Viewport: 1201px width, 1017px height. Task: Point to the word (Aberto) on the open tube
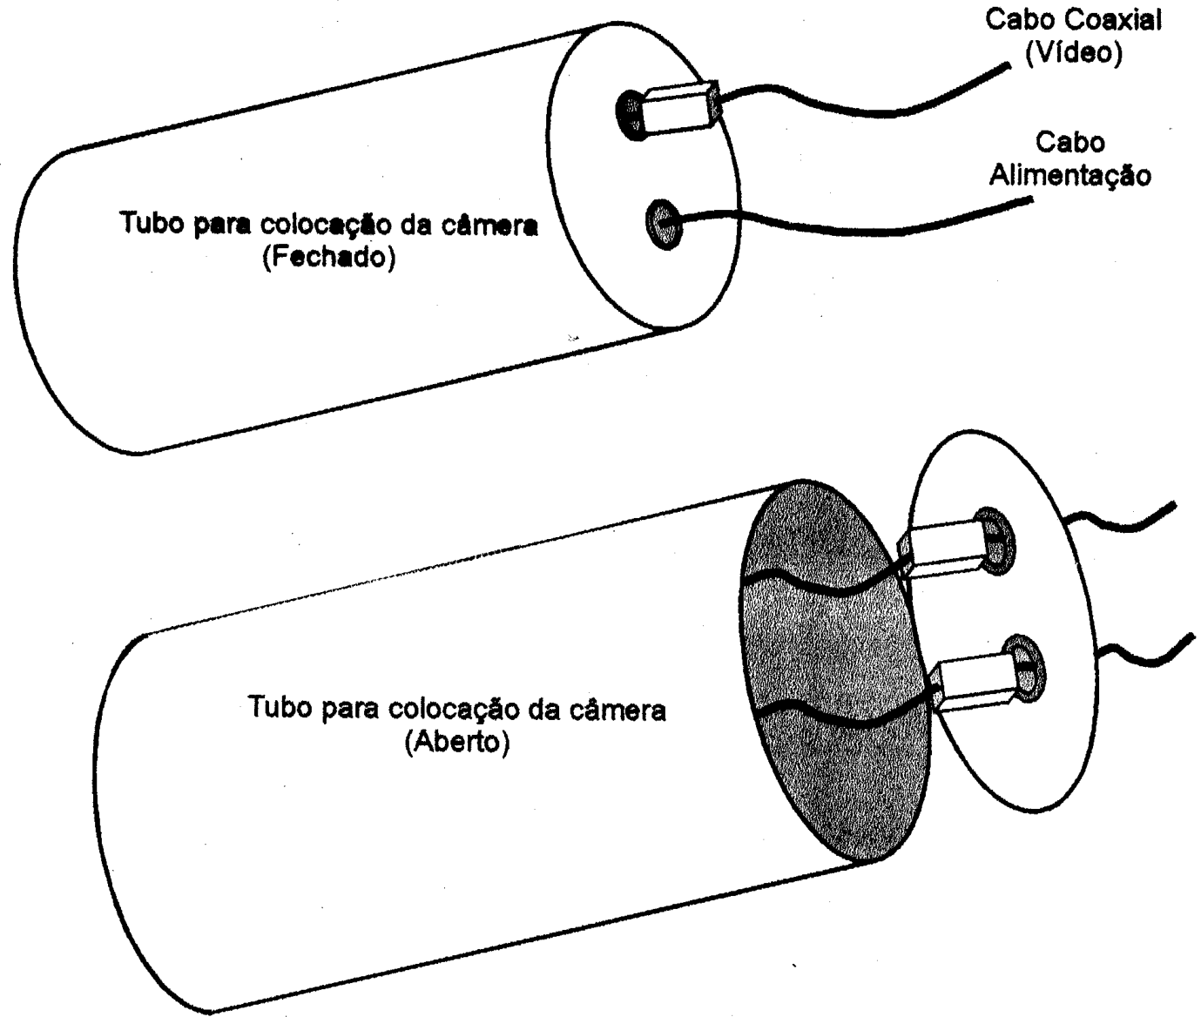pyautogui.click(x=456, y=743)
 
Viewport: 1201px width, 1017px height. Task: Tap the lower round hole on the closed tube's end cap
pyautogui.click(x=665, y=224)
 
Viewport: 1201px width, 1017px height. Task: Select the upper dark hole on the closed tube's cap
pyautogui.click(x=631, y=115)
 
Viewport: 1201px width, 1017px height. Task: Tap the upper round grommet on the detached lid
pyautogui.click(x=996, y=540)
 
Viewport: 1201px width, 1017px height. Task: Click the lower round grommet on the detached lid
pyautogui.click(x=1026, y=669)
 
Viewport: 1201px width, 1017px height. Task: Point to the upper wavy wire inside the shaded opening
pyautogui.click(x=825, y=587)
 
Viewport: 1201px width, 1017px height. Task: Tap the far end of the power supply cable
pyautogui.click(x=1030, y=200)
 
